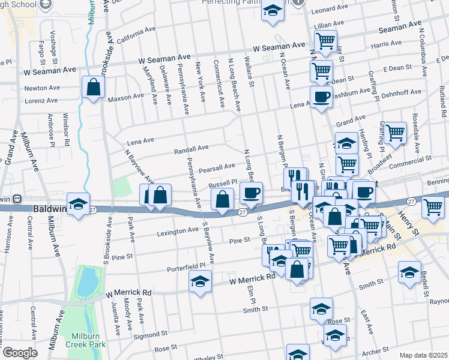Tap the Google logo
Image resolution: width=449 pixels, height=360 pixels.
point(20,353)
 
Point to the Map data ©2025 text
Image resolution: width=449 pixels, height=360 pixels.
point(423,355)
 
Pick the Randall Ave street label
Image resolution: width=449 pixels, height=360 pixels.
point(191,148)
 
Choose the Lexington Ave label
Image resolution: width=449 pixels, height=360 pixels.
point(177,231)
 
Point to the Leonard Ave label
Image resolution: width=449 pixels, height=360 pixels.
point(330,10)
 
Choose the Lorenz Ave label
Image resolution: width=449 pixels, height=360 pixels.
point(42,101)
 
